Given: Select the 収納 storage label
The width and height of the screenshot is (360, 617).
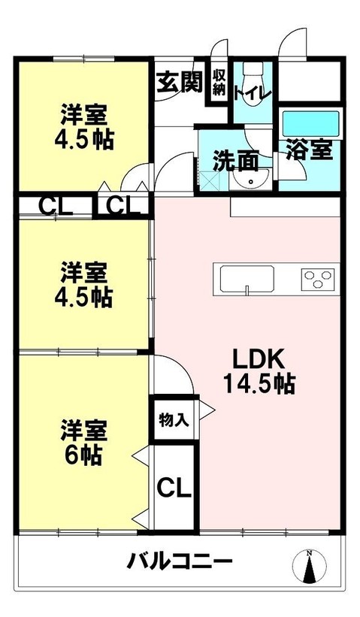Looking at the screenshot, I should (x=219, y=81).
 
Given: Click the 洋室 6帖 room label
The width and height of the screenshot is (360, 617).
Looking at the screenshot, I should (x=83, y=442).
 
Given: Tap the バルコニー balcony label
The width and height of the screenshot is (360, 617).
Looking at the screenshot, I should (x=179, y=561).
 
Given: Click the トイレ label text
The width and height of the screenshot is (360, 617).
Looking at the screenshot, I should (x=253, y=94).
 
